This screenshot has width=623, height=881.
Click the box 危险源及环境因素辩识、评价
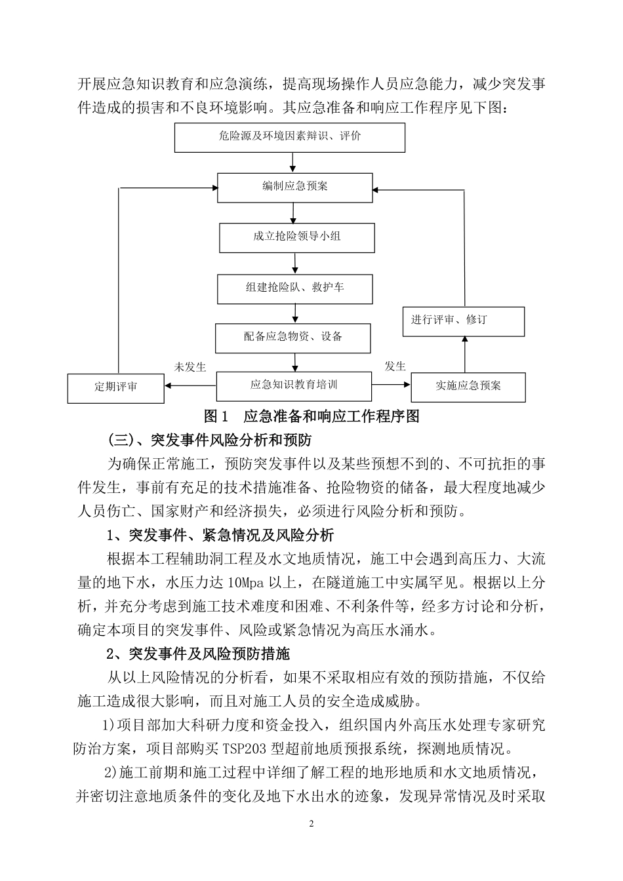(289, 138)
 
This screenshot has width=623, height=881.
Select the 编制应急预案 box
(294, 187)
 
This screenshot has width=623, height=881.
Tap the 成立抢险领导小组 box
(297, 237)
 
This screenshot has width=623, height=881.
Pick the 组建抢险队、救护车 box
(294, 288)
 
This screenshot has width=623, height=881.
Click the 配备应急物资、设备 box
(292, 338)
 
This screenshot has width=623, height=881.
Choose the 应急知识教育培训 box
(294, 385)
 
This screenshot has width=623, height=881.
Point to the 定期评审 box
(115, 388)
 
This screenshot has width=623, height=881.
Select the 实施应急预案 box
(468, 387)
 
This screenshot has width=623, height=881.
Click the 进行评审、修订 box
(463, 321)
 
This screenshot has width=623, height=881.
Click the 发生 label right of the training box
(395, 366)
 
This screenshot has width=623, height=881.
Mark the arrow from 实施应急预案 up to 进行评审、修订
(465, 355)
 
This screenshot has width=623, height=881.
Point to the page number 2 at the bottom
(311, 824)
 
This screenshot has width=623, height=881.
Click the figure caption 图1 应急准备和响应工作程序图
(311, 416)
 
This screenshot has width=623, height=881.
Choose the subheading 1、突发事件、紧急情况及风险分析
(220, 536)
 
